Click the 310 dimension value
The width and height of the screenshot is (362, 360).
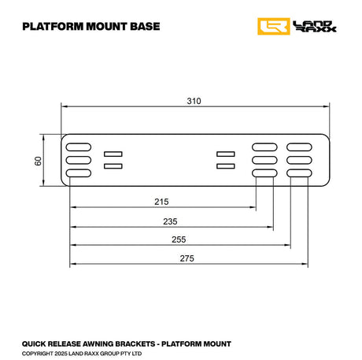pos(194,101)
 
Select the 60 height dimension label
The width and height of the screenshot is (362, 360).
pos(38,161)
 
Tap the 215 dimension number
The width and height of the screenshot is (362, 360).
pos(162,201)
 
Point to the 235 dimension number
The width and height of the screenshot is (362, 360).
pos(171,221)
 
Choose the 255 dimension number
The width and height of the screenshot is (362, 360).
pos(179,239)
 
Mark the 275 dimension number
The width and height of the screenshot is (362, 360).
pos(187,258)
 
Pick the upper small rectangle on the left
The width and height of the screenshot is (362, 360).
pos(113,154)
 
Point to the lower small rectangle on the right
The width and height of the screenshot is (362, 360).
pos(227,166)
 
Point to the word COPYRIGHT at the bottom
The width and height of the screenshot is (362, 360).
pos(39,354)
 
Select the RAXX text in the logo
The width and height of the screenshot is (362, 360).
pos(315,31)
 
